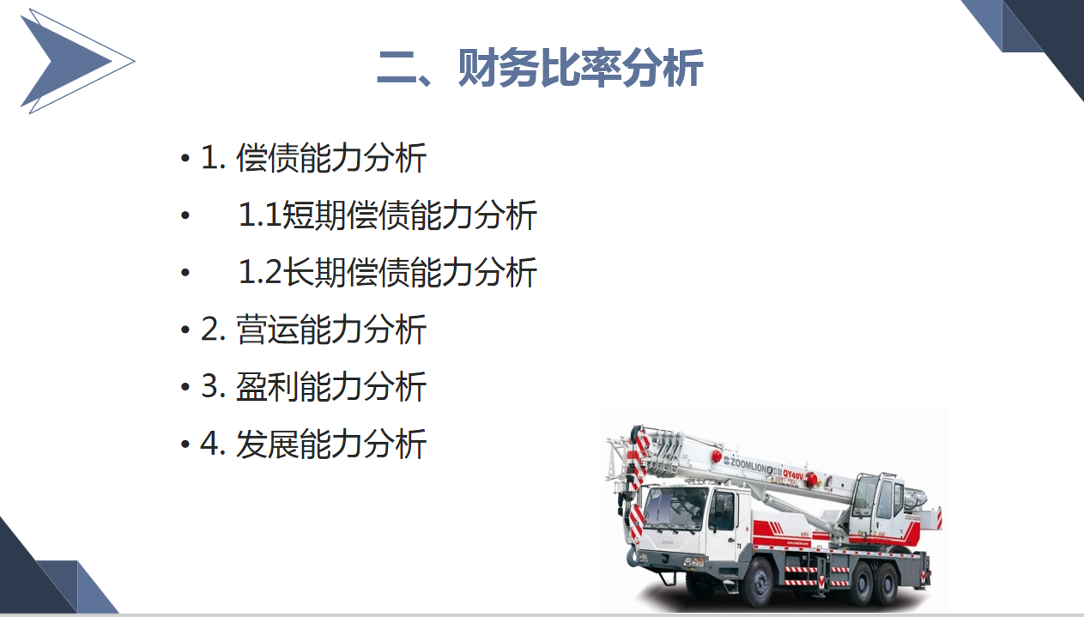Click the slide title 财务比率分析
(540, 68)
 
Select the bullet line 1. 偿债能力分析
(313, 159)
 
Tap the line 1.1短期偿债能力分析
(387, 215)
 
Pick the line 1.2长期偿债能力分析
(387, 272)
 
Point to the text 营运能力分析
(331, 330)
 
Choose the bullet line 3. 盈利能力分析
(313, 387)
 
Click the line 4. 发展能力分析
(313, 445)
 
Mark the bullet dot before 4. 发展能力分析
(185, 445)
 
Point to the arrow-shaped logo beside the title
(73, 60)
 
